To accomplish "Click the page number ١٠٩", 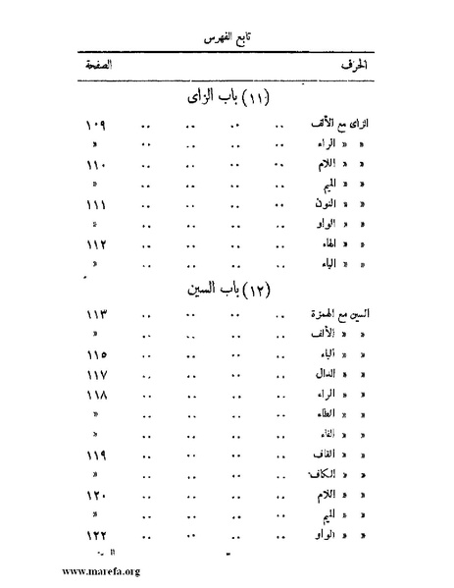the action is (94, 128).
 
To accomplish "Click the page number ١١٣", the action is (94, 316).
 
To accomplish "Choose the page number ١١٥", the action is (94, 354).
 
